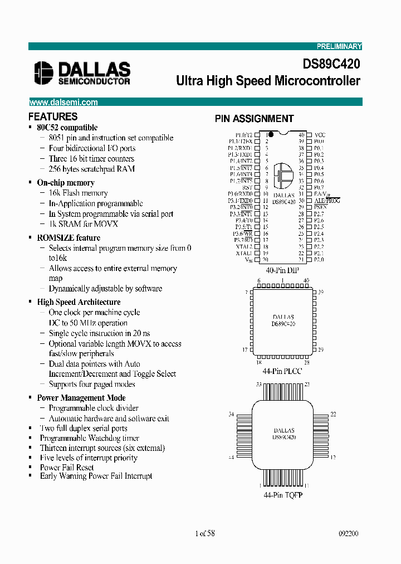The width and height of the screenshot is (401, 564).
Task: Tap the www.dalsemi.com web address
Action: (x=63, y=102)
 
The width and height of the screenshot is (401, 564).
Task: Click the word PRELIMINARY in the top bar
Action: (x=339, y=46)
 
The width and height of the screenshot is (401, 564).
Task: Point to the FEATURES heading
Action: (x=52, y=116)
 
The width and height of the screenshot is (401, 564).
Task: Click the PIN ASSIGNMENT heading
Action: (x=254, y=119)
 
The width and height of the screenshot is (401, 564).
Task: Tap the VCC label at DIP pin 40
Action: (x=320, y=135)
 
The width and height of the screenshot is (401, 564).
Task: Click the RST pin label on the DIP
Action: (x=247, y=188)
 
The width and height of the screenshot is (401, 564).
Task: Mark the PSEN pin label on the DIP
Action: (x=320, y=207)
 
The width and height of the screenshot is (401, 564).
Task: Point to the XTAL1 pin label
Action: (x=244, y=253)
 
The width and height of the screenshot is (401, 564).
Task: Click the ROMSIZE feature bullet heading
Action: (x=69, y=237)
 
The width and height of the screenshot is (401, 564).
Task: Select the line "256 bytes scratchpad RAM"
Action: (x=91, y=169)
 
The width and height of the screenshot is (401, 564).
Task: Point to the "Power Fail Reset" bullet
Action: (x=67, y=467)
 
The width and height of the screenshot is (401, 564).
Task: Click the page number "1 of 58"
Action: (x=205, y=533)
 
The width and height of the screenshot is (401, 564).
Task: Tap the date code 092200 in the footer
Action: (x=348, y=533)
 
